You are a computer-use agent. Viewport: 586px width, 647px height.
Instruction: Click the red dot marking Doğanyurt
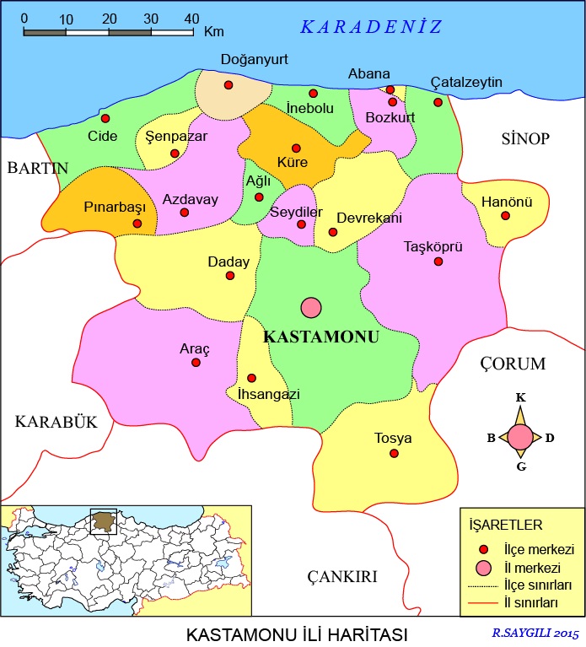(228, 85)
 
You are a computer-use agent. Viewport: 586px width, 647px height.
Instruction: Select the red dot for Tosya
(394, 454)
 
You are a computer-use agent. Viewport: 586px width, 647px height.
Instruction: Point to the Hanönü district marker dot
(505, 216)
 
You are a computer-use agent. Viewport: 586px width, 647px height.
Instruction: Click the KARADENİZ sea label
(371, 27)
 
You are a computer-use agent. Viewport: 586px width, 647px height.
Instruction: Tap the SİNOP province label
(524, 138)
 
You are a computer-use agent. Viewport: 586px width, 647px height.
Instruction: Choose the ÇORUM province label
(513, 364)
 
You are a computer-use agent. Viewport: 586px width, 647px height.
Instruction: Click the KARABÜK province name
(56, 422)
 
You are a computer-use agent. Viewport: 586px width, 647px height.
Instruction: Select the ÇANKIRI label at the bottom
(341, 576)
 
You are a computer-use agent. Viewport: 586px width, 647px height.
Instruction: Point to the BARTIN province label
(37, 168)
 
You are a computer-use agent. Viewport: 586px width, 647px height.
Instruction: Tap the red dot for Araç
(196, 363)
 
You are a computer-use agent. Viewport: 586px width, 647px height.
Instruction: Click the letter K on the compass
(521, 397)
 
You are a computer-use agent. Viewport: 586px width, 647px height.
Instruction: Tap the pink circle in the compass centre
(521, 437)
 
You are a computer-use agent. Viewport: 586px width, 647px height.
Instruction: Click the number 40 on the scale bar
(191, 18)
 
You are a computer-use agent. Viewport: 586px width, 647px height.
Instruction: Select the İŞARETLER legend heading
(499, 526)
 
